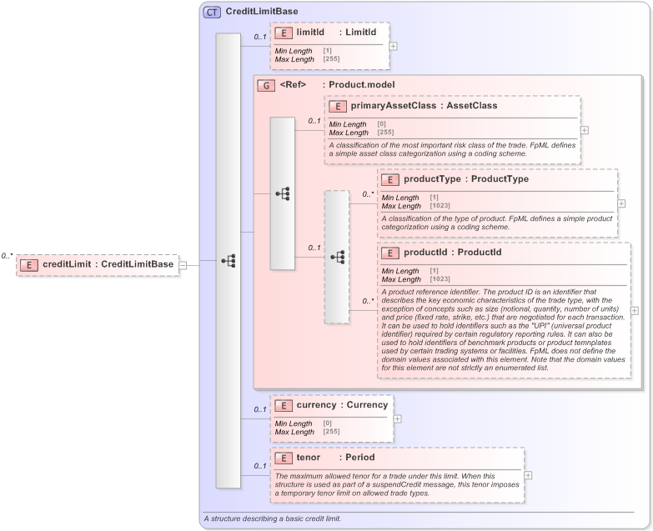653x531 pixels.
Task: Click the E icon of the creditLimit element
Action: [x=30, y=264]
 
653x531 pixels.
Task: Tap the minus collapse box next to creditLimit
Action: [x=183, y=265]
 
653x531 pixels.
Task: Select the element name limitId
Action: [x=310, y=32]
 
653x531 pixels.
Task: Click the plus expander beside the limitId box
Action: [x=394, y=45]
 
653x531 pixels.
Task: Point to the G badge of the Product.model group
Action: [x=265, y=84]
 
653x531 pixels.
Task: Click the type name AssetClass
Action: [x=472, y=106]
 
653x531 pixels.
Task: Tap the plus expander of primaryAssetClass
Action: [x=585, y=130]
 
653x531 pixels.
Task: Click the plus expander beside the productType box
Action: [x=622, y=203]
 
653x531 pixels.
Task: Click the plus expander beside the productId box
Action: [x=635, y=310]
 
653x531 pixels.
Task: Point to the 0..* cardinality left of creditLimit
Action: [x=8, y=256]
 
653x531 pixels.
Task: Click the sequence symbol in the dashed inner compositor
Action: [x=337, y=257]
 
